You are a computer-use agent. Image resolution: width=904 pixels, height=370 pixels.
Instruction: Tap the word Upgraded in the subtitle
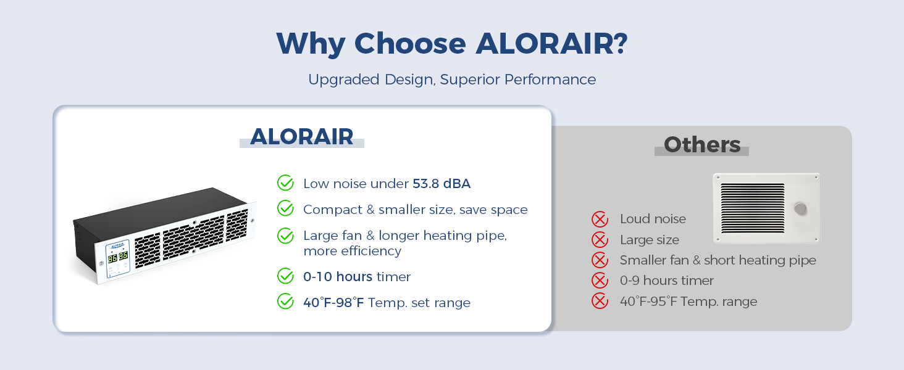click(x=344, y=80)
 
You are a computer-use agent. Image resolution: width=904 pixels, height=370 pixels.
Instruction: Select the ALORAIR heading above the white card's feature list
click(x=302, y=136)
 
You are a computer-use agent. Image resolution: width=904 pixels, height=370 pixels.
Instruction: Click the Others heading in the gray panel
click(x=702, y=144)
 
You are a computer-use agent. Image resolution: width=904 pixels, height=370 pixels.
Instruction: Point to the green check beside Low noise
click(x=285, y=183)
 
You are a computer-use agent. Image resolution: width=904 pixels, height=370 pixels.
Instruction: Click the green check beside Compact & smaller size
click(x=285, y=208)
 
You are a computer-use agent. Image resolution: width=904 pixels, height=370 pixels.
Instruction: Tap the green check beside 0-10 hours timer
click(x=285, y=276)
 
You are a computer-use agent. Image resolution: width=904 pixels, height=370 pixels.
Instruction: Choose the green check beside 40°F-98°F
click(x=285, y=301)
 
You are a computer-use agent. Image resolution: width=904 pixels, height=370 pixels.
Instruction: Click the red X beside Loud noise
click(x=600, y=220)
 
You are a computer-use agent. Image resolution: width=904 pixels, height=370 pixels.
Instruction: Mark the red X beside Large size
click(x=600, y=240)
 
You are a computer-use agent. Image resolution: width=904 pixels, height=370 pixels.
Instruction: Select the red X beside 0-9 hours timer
click(x=600, y=281)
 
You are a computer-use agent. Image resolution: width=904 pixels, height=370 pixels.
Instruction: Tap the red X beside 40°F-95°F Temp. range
click(x=600, y=301)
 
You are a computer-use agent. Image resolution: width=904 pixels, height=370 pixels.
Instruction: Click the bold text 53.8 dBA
click(x=442, y=184)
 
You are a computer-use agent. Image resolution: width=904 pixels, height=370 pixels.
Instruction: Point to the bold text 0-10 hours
click(x=338, y=277)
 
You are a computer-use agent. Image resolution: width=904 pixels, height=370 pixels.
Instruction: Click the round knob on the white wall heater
click(x=800, y=208)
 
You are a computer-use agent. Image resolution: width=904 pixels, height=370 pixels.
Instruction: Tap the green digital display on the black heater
click(x=118, y=257)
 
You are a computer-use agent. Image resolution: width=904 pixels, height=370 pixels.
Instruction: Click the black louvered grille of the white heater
click(x=753, y=208)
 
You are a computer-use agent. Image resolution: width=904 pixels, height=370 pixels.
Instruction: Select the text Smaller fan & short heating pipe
click(x=718, y=260)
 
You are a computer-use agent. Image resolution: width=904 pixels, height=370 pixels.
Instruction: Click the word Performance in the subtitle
click(x=550, y=80)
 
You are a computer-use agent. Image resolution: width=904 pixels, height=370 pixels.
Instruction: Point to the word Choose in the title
click(x=410, y=43)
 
